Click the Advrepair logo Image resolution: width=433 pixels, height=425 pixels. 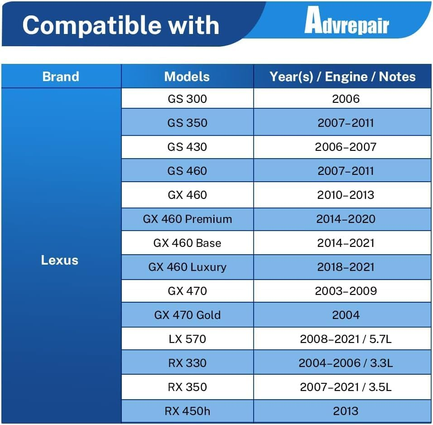pyautogui.click(x=346, y=20)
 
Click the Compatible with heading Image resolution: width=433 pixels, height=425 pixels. pyautogui.click(x=121, y=25)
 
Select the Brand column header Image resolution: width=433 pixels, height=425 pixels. pyautogui.click(x=61, y=77)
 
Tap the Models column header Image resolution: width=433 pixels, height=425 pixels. pyautogui.click(x=187, y=77)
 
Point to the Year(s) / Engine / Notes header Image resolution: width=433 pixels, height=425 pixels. pyautogui.click(x=342, y=77)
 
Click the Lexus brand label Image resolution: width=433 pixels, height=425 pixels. pyautogui.click(x=60, y=260)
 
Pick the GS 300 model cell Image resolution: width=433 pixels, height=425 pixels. pyautogui.click(x=187, y=99)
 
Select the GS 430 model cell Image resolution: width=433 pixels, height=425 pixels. pyautogui.click(x=187, y=147)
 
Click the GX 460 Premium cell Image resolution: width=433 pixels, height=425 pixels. pyautogui.click(x=187, y=219)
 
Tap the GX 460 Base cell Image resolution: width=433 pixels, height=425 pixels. pyautogui.click(x=187, y=243)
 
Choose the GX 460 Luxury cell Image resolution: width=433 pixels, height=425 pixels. pyautogui.click(x=187, y=267)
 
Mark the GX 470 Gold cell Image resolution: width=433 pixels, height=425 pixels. pyautogui.click(x=187, y=315)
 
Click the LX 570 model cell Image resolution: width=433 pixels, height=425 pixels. pyautogui.click(x=187, y=339)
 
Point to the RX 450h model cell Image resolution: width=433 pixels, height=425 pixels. pyautogui.click(x=187, y=411)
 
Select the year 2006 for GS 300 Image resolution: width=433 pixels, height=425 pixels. pyautogui.click(x=346, y=99)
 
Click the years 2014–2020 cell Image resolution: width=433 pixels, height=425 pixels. pyautogui.click(x=346, y=219)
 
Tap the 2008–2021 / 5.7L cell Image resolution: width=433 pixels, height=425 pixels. pyautogui.click(x=346, y=339)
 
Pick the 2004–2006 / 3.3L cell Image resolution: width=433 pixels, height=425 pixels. pyautogui.click(x=346, y=363)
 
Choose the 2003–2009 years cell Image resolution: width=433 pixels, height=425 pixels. pyautogui.click(x=346, y=291)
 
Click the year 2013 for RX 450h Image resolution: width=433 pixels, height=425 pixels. pyautogui.click(x=346, y=411)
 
